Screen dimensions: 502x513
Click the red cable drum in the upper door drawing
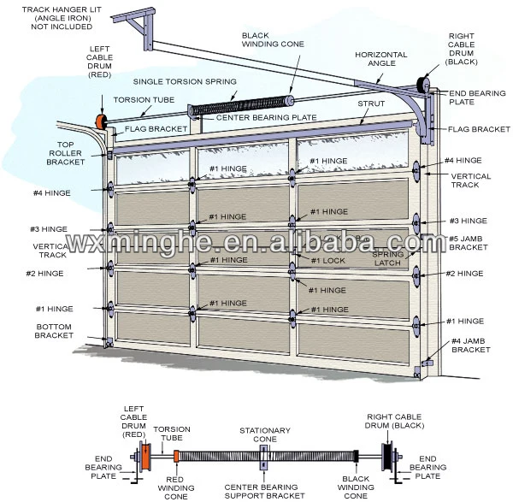pos(101,121)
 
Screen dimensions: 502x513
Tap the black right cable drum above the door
pos(421,84)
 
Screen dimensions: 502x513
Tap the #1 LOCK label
pos(327,261)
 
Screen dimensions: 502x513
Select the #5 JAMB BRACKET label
pos(469,242)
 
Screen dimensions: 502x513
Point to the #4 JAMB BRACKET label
pos(469,346)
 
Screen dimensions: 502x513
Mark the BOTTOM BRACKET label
pos(56,331)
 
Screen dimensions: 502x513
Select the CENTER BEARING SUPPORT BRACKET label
pos(266,491)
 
